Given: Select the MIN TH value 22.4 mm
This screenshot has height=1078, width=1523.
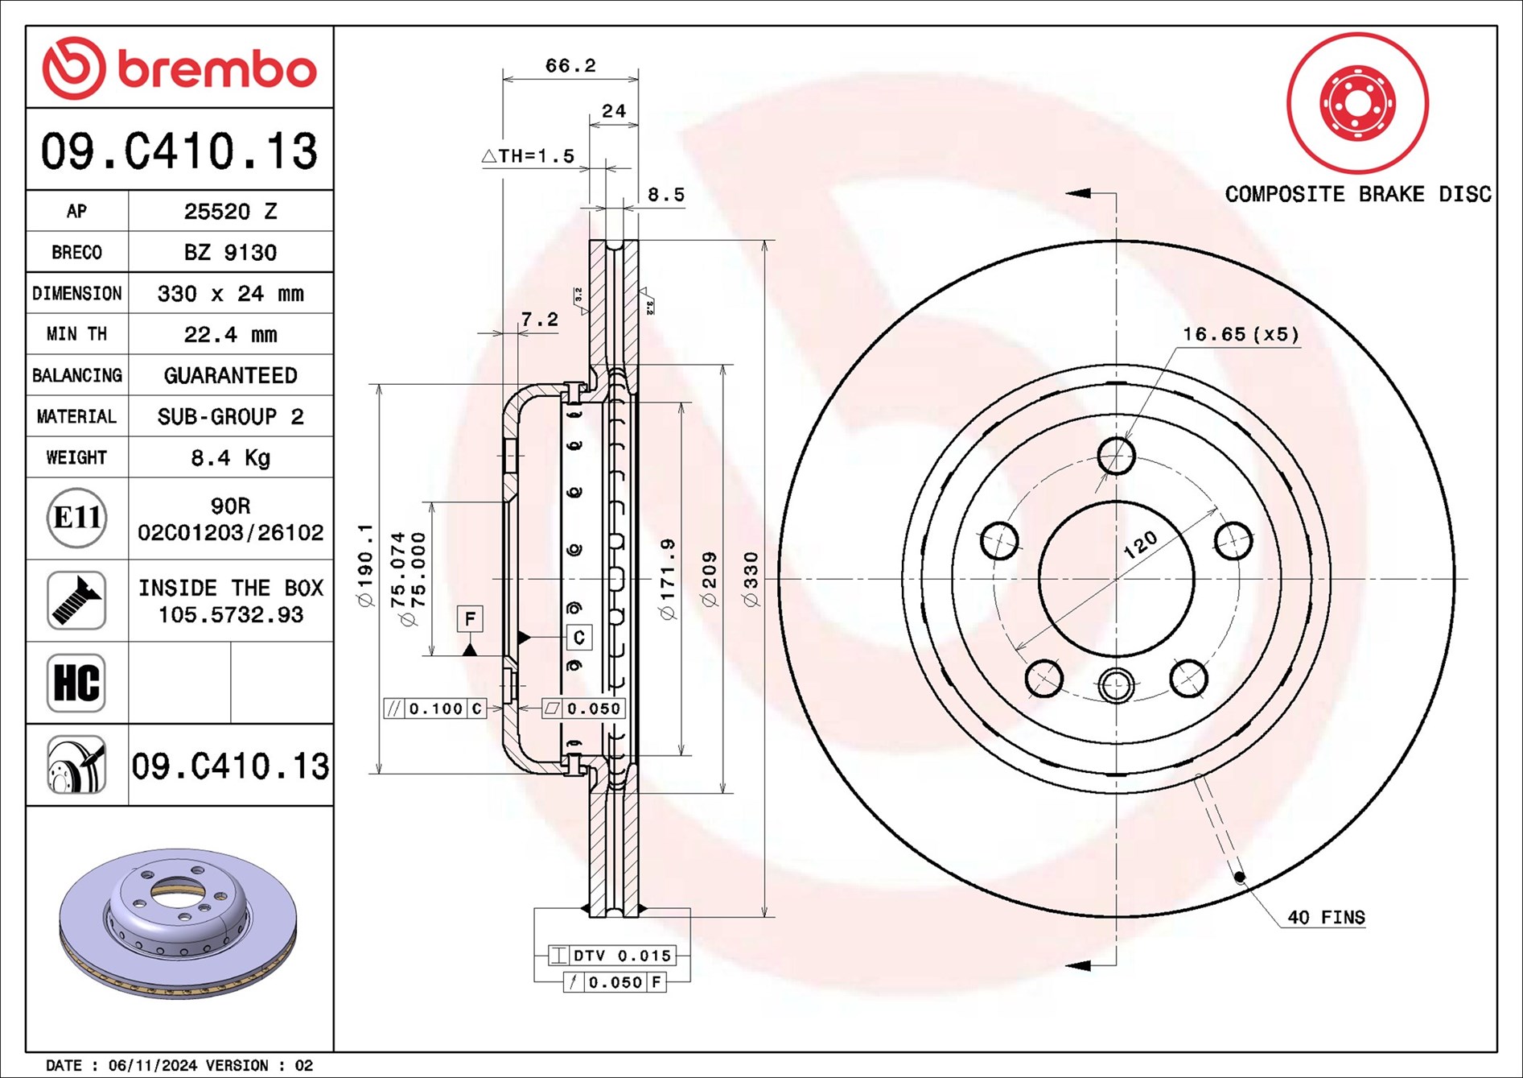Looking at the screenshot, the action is click(x=230, y=334).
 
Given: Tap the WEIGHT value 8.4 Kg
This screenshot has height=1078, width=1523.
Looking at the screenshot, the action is click(x=230, y=457).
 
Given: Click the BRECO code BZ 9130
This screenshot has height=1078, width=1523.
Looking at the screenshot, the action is click(x=230, y=252).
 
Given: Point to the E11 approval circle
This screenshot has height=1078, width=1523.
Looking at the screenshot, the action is click(x=76, y=518).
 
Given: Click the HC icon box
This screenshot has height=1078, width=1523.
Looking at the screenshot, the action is click(x=76, y=683).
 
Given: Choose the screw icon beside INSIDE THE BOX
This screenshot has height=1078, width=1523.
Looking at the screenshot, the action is click(x=76, y=601).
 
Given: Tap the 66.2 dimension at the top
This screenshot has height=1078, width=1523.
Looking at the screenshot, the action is click(x=570, y=65).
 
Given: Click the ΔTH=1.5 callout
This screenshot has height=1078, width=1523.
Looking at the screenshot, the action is click(x=529, y=155).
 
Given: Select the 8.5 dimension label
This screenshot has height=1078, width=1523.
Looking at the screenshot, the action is click(x=666, y=194).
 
